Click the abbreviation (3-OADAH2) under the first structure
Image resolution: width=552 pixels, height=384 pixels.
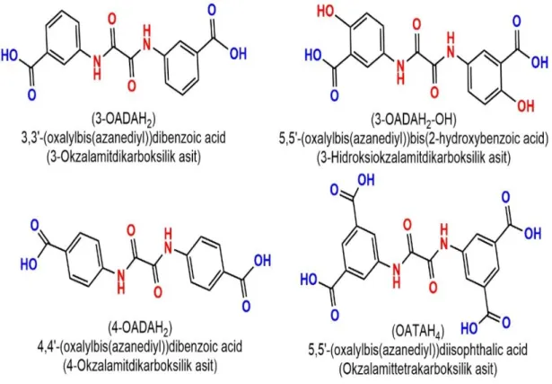coord(123,120)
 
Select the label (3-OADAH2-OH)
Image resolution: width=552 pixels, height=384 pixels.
coord(413,121)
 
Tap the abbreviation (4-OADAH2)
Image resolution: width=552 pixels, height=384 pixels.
coord(140,328)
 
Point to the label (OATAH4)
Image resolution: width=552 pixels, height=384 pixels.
coord(418,332)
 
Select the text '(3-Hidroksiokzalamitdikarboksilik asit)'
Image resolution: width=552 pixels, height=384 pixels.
coord(413,156)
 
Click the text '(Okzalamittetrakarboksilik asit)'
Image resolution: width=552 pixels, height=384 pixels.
coord(418,370)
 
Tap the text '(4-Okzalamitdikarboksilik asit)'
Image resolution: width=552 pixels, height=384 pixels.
coord(140,365)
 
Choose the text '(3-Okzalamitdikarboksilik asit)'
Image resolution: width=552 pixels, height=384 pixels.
coord(124,156)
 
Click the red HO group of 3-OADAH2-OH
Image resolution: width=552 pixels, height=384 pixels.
coord(326,12)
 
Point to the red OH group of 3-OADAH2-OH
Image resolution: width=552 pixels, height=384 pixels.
coord(526,106)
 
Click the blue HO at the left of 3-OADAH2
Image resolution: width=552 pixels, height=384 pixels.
coord(10,56)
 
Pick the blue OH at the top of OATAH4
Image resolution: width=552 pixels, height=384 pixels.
coord(366,181)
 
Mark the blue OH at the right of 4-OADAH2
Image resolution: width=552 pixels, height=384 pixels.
coord(262,261)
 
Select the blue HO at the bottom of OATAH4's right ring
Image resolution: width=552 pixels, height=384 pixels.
coord(470,328)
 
